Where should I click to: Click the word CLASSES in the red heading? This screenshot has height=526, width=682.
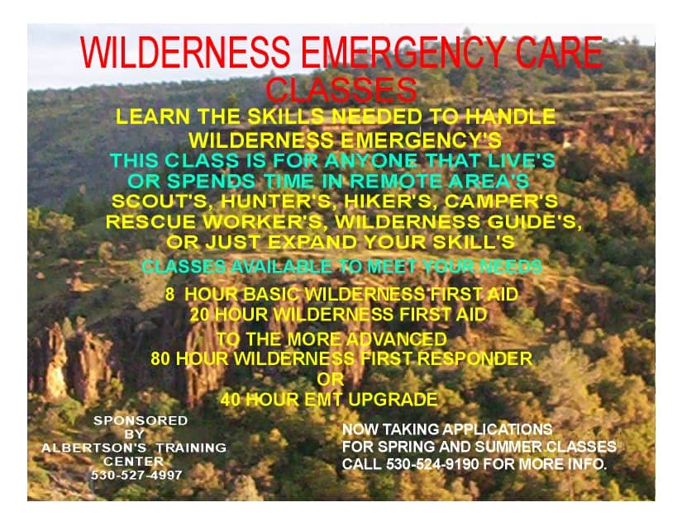tap(341, 90)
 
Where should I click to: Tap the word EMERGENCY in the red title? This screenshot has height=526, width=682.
tap(402, 52)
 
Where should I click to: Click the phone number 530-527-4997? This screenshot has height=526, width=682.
tap(136, 475)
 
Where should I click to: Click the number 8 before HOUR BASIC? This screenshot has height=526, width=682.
tap(169, 295)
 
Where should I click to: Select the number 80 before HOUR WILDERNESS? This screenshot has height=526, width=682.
tap(160, 358)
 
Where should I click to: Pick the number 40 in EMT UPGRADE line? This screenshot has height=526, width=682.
tap(230, 400)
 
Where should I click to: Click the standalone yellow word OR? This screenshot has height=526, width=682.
tap(331, 380)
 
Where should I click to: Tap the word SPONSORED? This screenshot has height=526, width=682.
tap(141, 420)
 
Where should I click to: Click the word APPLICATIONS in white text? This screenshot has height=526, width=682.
tap(498, 429)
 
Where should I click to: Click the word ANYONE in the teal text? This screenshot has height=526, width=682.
tap(370, 161)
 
